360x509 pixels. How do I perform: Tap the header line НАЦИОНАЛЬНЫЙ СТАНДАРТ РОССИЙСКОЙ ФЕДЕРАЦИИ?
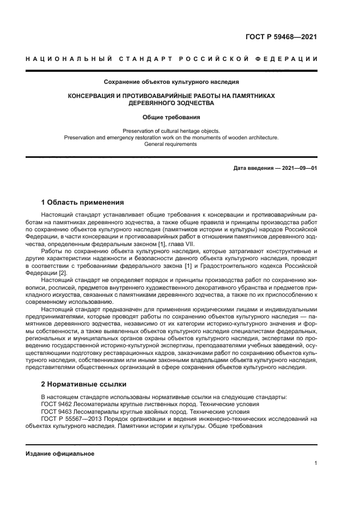tap(172, 59)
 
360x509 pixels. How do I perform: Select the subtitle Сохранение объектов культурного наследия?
tap(172, 82)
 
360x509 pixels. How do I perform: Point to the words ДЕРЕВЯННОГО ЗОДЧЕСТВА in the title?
tap(172, 103)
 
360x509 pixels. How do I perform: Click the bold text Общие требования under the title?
tap(172, 117)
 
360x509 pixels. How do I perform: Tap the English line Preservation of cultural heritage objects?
tap(172, 131)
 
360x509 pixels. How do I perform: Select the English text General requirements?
tap(172, 144)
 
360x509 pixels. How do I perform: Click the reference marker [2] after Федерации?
tap(63, 273)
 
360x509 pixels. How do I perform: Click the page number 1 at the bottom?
tap(315, 463)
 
